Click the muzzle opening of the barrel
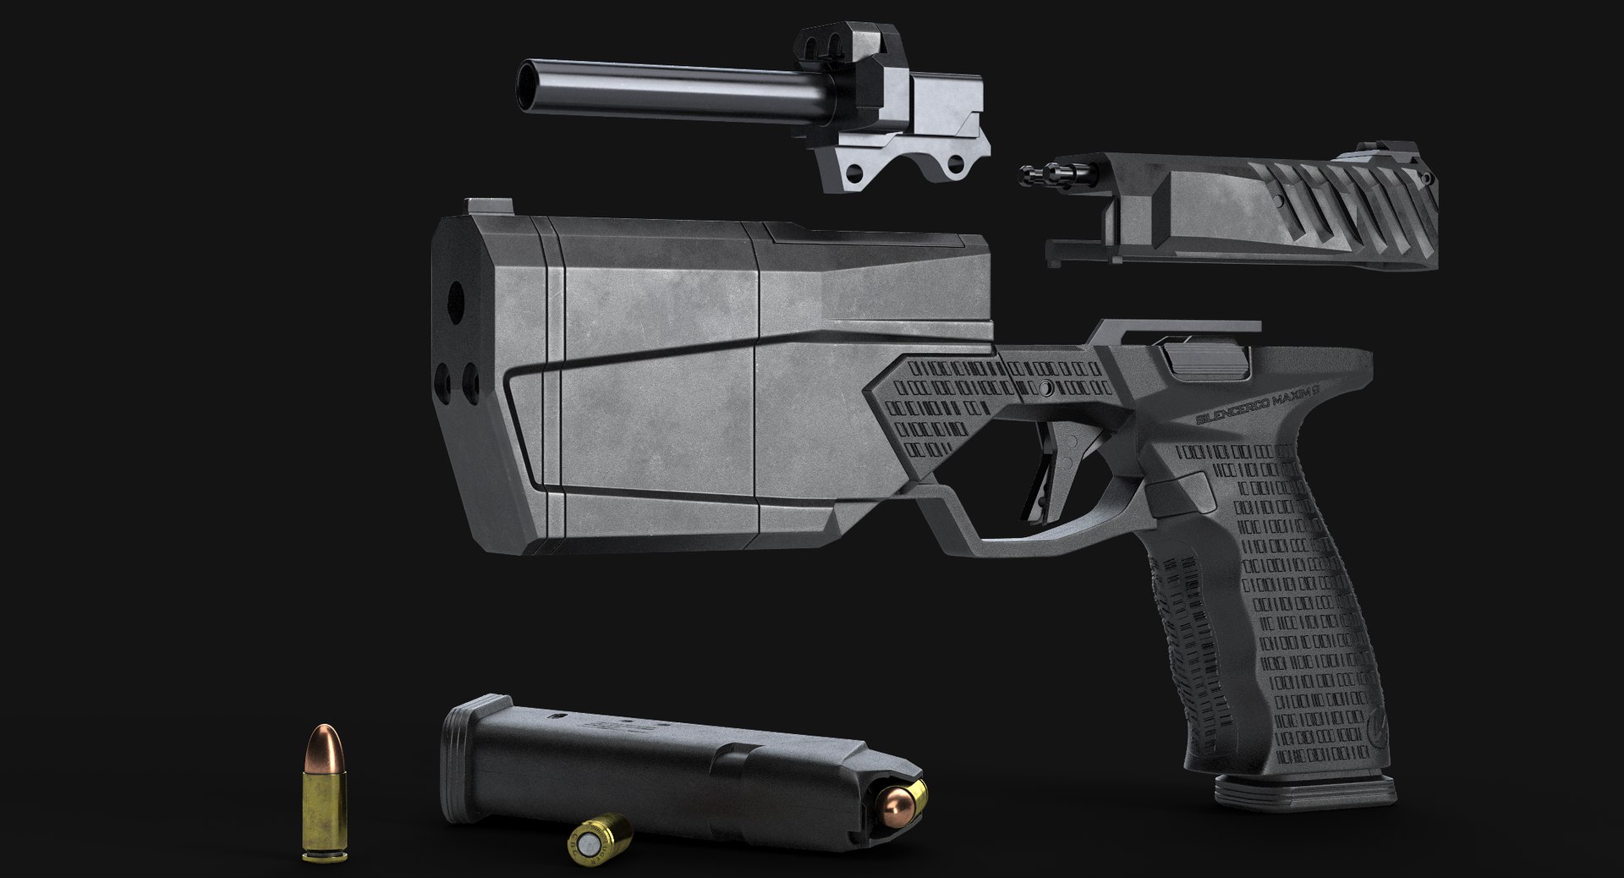click(x=529, y=85)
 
